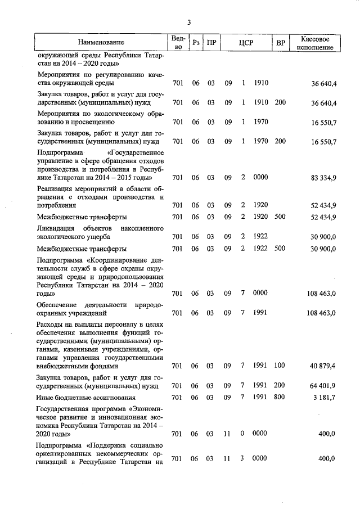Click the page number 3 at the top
190,22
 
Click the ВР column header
281,43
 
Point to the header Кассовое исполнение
318,43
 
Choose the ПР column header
211,43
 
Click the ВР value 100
280,366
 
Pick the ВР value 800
280,398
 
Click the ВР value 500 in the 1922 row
280,248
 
